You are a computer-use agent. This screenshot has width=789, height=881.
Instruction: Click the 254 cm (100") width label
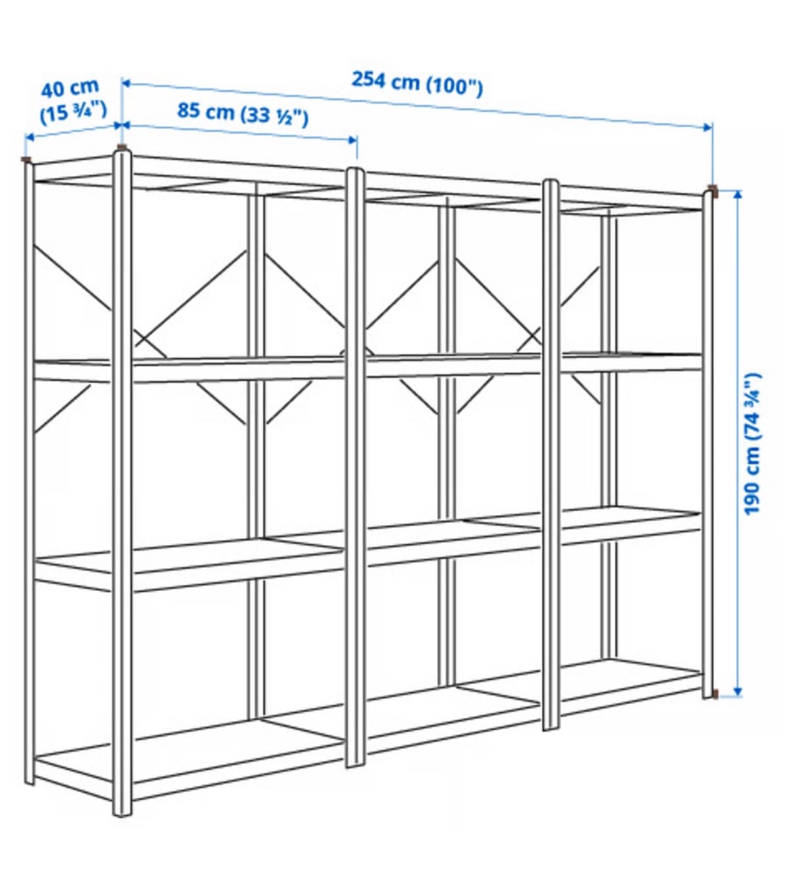[417, 84]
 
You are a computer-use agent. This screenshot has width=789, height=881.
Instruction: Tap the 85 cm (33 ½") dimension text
[243, 114]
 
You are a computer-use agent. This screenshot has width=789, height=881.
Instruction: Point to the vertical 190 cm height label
[753, 444]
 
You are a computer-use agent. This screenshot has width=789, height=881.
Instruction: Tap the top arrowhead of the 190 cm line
[737, 195]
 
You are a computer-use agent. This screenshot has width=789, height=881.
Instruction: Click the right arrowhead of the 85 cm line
[353, 140]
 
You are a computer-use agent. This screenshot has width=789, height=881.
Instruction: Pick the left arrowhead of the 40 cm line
[29, 138]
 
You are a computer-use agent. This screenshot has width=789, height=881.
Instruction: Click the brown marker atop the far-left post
[27, 160]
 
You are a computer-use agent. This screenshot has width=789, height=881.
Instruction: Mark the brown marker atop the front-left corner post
[122, 147]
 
